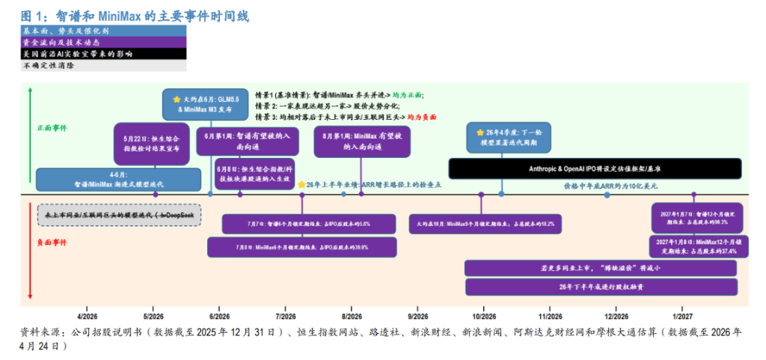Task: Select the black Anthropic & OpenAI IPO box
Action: (595, 168)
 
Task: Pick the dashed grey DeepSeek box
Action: (119, 216)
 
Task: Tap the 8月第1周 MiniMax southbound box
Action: (362, 141)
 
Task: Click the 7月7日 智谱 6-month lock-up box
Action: (308, 223)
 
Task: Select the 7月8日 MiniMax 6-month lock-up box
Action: (302, 247)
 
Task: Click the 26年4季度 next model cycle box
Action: (500, 137)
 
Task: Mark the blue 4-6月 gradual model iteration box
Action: (119, 180)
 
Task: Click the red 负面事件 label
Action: (52, 242)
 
